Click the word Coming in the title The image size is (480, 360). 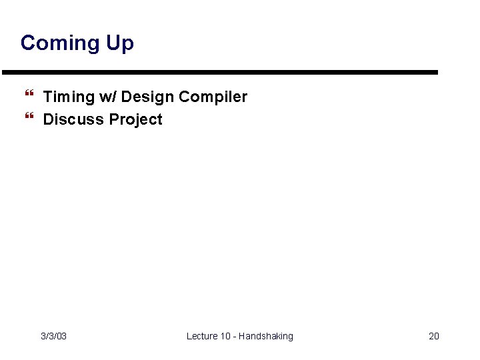click(61, 43)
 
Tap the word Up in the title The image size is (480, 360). click(119, 43)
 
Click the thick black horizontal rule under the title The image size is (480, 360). click(219, 72)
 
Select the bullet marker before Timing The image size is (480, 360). click(28, 97)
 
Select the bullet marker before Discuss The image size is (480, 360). click(28, 119)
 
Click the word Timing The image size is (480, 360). click(69, 97)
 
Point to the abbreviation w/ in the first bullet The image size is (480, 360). click(108, 97)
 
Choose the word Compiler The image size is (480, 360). click(213, 97)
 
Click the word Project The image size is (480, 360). click(136, 120)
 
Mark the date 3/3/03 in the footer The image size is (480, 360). click(53, 336)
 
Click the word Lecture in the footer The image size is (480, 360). click(202, 336)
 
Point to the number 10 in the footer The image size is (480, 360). click(225, 336)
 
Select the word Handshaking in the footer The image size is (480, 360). click(265, 336)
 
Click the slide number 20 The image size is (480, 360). click(433, 336)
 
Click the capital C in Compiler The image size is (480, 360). click(184, 97)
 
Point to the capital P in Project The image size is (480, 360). click(114, 119)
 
